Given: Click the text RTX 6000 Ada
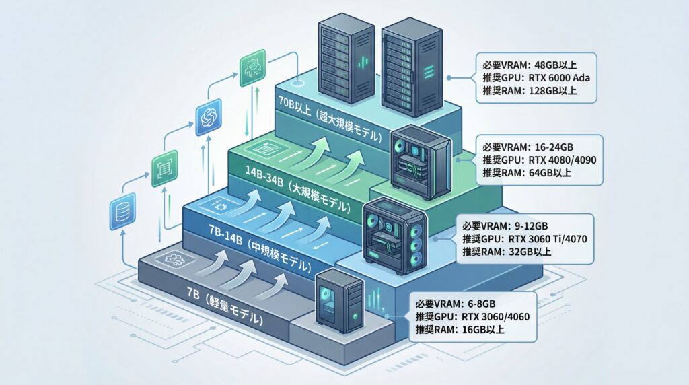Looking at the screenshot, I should (x=552, y=77).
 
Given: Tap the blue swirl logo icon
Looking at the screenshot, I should (x=208, y=117).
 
